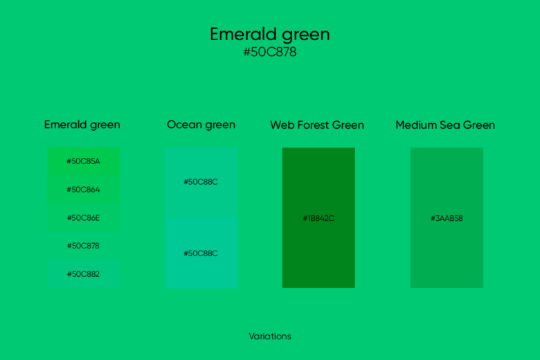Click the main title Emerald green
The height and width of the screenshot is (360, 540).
coord(270,35)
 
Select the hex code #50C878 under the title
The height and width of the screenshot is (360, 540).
coord(270,53)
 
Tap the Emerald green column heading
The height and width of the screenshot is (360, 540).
coord(82,125)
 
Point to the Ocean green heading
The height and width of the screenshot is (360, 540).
coord(201,125)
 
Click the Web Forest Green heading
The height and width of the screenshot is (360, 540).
coord(317,125)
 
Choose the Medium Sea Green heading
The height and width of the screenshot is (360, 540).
coord(445,125)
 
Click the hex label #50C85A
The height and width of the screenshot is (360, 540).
coord(83,161)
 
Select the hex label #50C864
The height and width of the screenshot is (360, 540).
coord(83,190)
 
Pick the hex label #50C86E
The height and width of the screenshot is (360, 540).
coord(83,218)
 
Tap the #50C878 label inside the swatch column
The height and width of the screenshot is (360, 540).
coord(83,246)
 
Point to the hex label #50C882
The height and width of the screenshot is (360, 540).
coord(83,274)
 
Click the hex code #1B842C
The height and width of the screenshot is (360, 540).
coord(318,219)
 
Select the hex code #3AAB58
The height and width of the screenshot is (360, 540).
coord(447,219)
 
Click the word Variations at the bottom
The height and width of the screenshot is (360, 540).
coord(270,336)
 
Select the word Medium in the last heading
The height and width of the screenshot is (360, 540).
coord(416,125)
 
